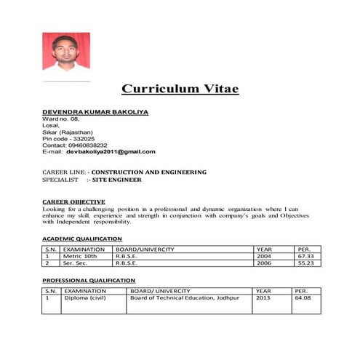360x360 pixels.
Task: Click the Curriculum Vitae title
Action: click(x=180, y=89)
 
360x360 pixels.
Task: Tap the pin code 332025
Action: click(x=80, y=138)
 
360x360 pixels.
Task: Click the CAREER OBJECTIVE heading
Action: click(x=73, y=201)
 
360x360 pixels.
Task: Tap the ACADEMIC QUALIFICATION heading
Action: click(x=82, y=239)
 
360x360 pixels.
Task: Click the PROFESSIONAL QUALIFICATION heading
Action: click(x=89, y=280)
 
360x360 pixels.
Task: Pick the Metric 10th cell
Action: click(x=80, y=256)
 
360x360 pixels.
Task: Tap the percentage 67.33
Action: click(x=305, y=256)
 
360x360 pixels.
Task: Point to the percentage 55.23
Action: click(x=305, y=263)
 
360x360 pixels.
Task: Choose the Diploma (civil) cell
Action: click(x=86, y=297)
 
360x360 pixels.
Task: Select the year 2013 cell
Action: click(x=263, y=297)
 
